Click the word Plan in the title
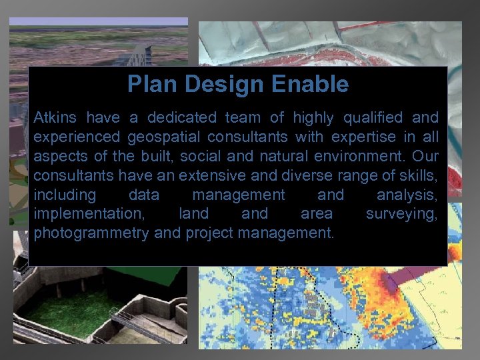pyautogui.click(x=147, y=85)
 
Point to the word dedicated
pyautogui.click(x=181, y=118)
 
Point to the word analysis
pyautogui.click(x=407, y=195)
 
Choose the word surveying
pyautogui.click(x=402, y=215)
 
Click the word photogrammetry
pyautogui.click(x=91, y=234)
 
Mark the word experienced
pyautogui.click(x=75, y=137)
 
